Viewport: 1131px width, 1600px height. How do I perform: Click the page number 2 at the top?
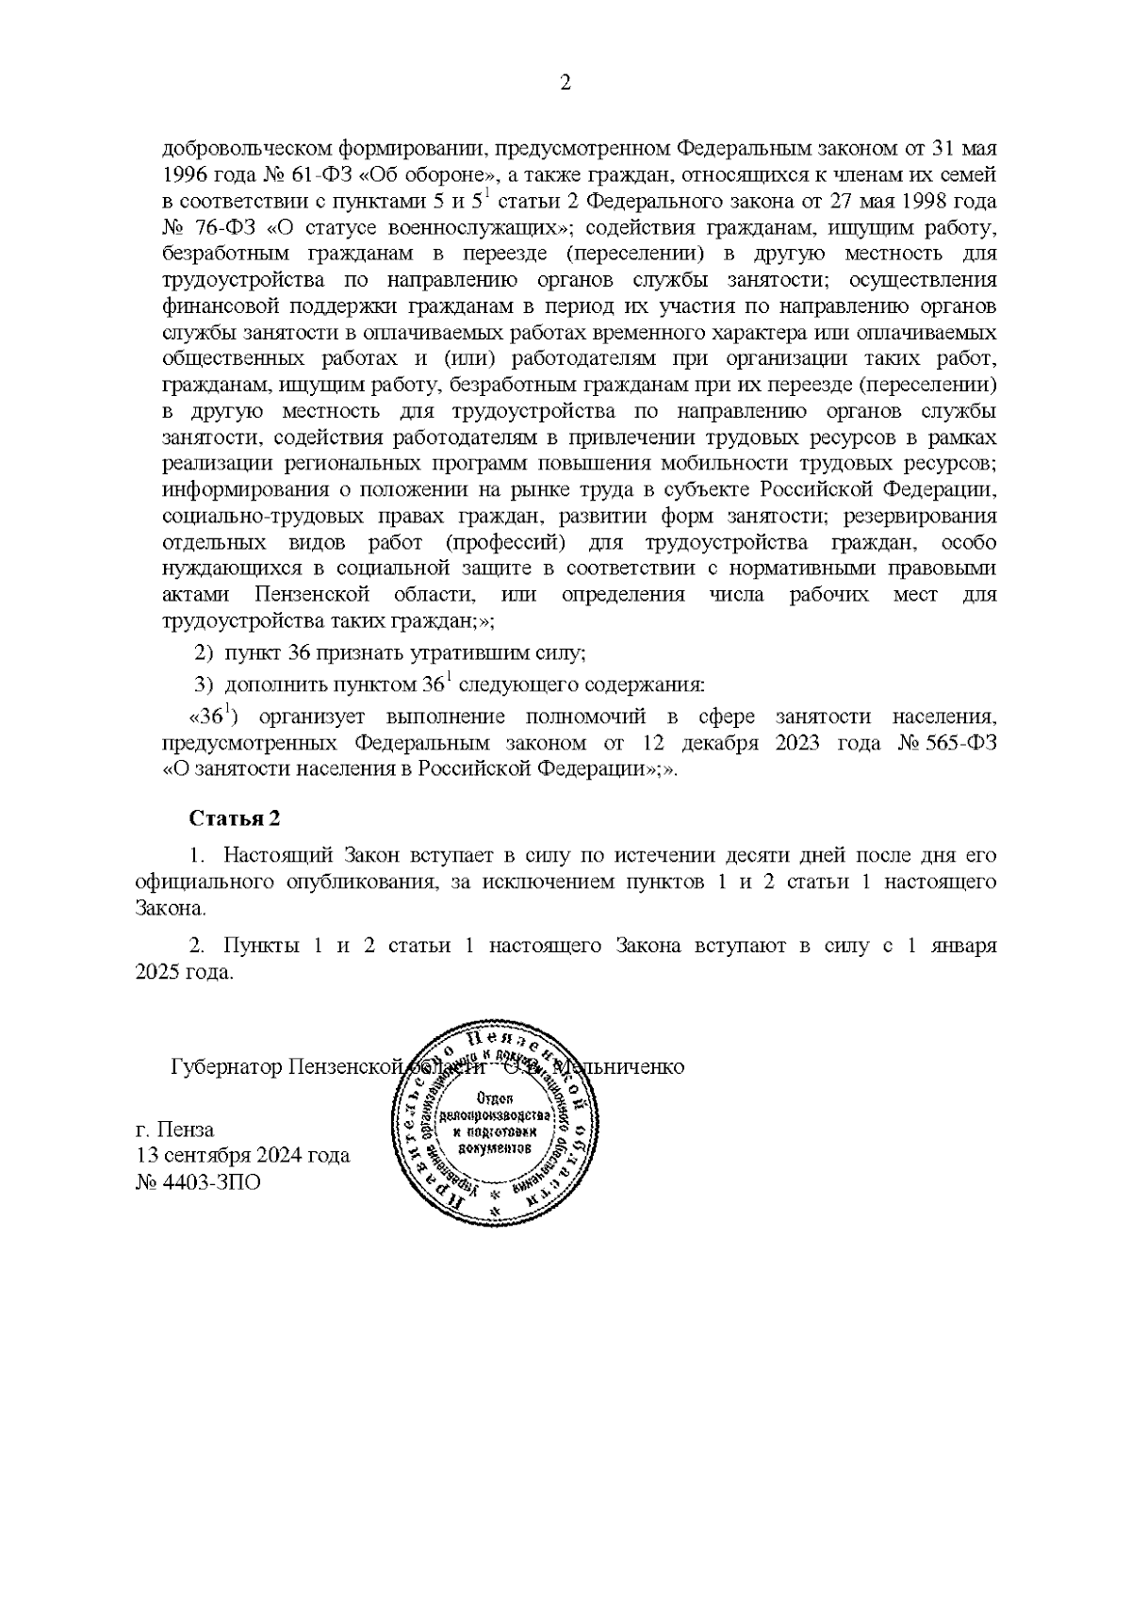[565, 83]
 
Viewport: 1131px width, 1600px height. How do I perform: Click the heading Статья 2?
[235, 817]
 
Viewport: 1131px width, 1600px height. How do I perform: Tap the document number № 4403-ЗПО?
[198, 1181]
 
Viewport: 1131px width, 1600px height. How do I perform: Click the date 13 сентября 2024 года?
[243, 1155]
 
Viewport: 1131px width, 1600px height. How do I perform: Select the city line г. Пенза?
[175, 1129]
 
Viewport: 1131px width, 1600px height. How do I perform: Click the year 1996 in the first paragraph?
[185, 175]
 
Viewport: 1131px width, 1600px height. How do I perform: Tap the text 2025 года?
[184, 973]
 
